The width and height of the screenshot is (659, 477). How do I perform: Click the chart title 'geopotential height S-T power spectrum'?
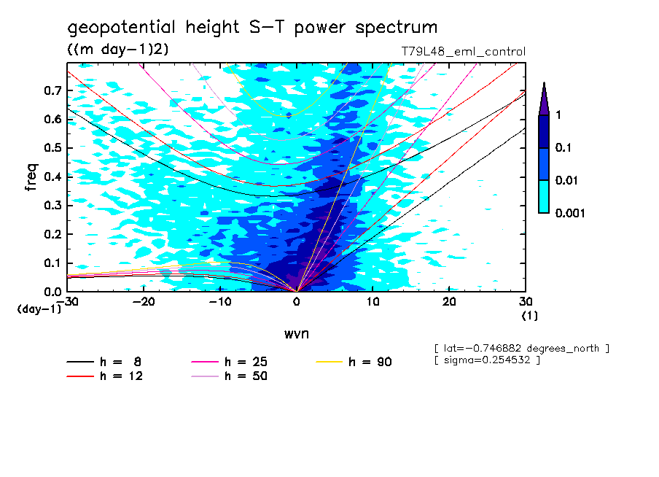[252, 28]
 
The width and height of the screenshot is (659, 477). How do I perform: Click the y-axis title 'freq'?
[31, 177]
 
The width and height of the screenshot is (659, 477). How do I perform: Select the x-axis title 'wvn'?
[296, 333]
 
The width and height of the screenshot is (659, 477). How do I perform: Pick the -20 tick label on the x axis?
[144, 302]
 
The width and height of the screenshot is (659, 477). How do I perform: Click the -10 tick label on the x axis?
[219, 302]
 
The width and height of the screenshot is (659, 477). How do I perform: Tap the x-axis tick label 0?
[297, 302]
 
